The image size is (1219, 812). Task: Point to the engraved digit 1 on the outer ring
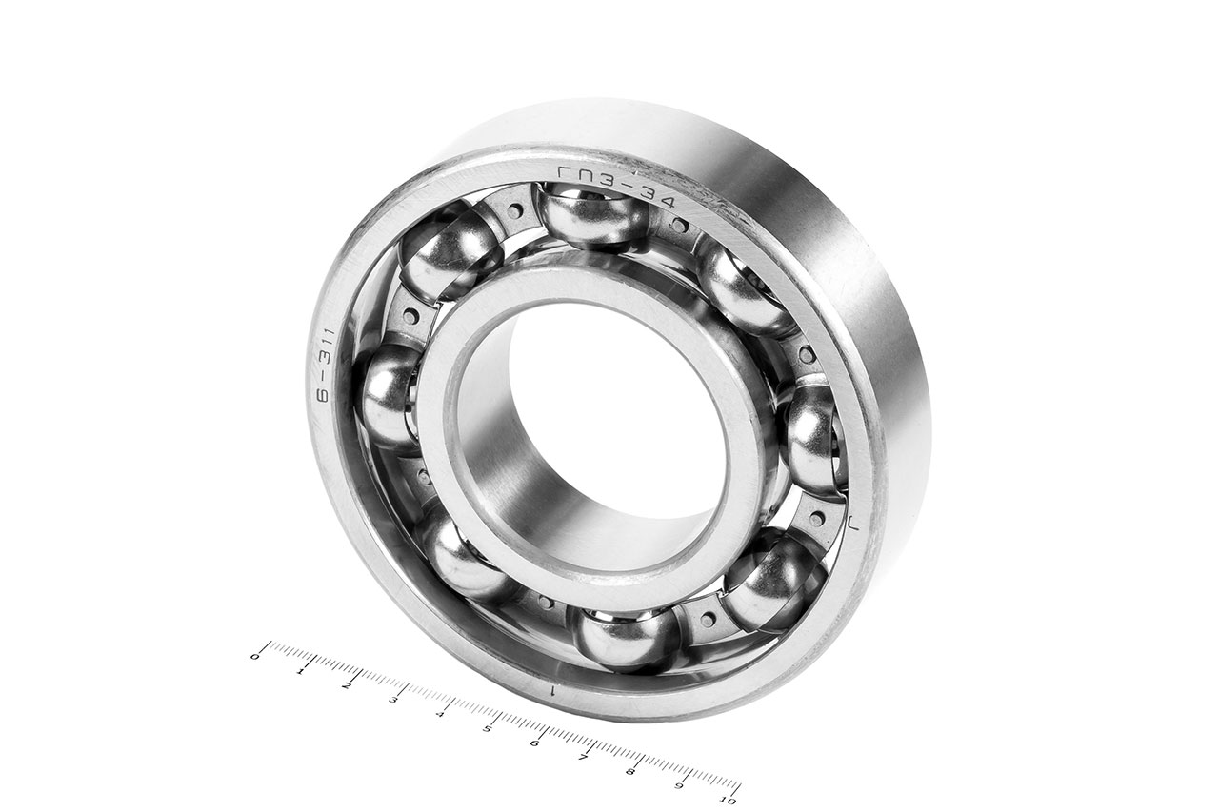[551, 690]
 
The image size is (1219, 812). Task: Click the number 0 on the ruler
[254, 657]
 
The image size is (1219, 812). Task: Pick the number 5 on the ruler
[489, 729]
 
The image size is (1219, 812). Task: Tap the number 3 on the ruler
[394, 700]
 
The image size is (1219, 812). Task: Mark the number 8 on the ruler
[630, 771]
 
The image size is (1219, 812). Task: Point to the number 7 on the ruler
[584, 758]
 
